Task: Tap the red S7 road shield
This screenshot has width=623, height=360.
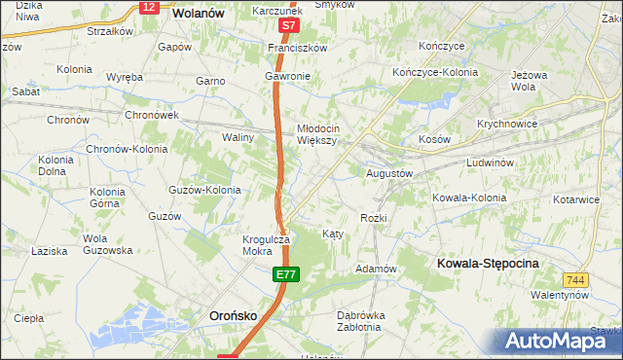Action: [287, 26]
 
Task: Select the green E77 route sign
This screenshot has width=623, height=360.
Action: [284, 276]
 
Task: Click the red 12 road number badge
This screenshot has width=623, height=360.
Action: [148, 7]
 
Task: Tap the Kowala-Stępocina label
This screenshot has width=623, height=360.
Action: [489, 264]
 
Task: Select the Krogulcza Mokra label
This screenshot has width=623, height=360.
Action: [267, 245]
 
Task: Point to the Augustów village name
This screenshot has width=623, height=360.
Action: [390, 173]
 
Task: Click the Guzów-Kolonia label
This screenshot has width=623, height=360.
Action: [204, 190]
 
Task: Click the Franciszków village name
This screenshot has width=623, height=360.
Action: [299, 47]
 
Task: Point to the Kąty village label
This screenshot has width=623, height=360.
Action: [332, 234]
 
